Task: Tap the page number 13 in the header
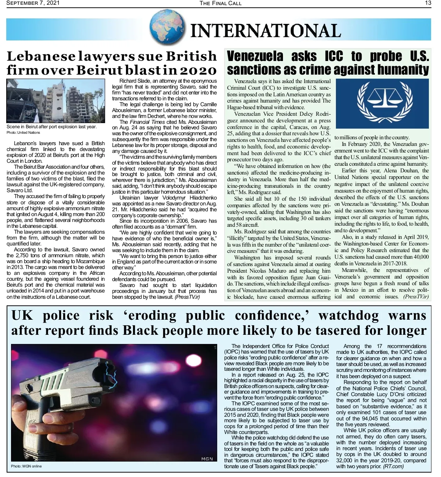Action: (x=428, y=3)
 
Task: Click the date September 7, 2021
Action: (x=33, y=3)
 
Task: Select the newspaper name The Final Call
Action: (x=220, y=3)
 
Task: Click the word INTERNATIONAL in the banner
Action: (x=265, y=31)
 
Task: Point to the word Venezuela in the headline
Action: (x=255, y=56)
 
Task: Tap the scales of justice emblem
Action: (x=382, y=103)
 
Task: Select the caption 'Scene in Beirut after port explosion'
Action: (x=51, y=127)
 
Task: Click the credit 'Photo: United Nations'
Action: (x=23, y=133)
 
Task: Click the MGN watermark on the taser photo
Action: (x=207, y=459)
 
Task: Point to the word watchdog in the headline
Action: (x=348, y=315)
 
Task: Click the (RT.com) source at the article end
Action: (x=393, y=466)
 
